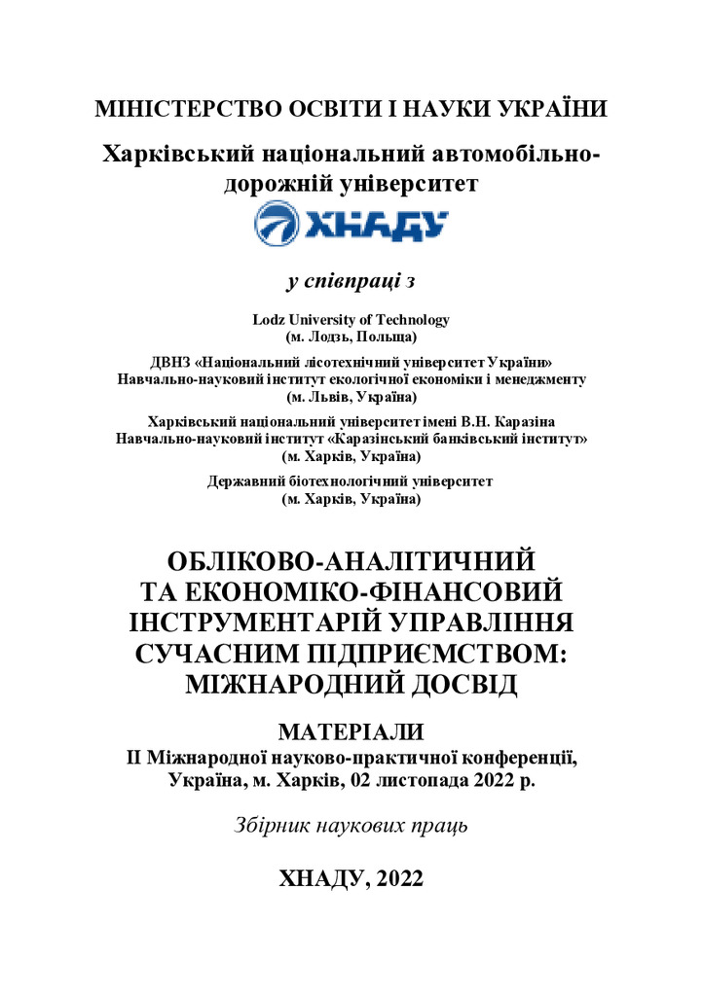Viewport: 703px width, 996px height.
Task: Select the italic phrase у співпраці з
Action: tap(351, 282)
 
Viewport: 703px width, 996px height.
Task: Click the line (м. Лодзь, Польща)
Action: tap(351, 337)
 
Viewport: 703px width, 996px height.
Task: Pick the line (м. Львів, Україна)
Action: tap(351, 397)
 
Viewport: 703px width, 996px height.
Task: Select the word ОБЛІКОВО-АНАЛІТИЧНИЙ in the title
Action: tap(351, 562)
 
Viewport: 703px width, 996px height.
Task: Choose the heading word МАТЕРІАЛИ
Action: tap(351, 731)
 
